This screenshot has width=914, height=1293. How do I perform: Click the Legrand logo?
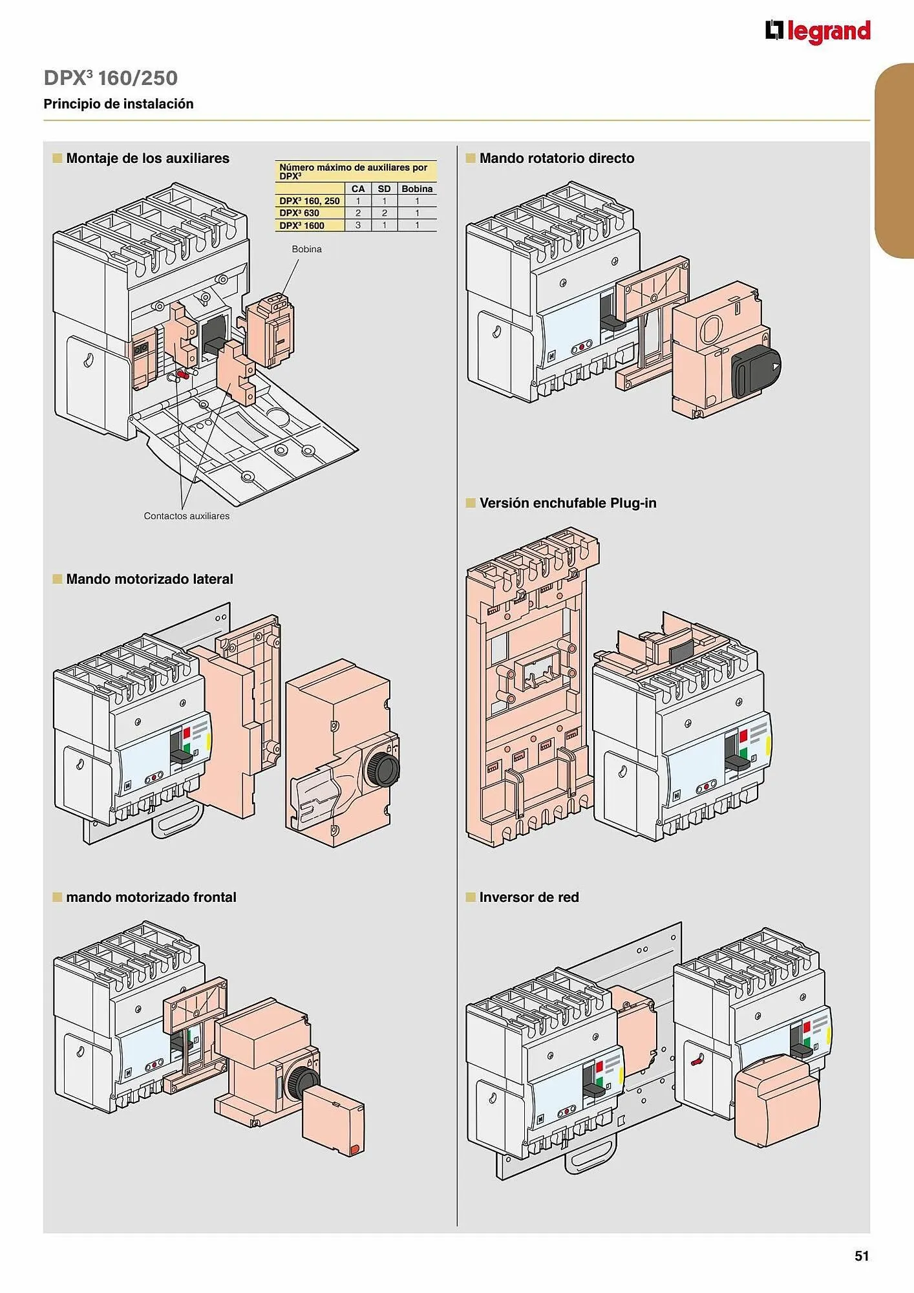[x=818, y=32]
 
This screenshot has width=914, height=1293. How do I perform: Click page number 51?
[x=862, y=1256]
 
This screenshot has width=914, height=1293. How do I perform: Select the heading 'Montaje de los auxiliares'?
[x=147, y=158]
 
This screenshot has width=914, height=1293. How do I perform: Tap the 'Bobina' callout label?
[x=306, y=249]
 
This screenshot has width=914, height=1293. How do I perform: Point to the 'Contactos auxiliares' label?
[x=186, y=516]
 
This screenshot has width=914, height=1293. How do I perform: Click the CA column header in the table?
[x=358, y=189]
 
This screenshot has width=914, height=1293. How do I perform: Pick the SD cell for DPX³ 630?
[x=384, y=213]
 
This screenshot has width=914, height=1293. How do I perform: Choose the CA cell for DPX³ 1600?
[x=358, y=225]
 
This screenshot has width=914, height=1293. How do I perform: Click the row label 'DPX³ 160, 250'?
[x=309, y=201]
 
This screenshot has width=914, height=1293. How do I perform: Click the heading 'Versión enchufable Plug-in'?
[x=568, y=503]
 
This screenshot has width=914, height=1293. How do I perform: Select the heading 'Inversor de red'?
[x=529, y=897]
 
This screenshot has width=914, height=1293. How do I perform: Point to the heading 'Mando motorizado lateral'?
[x=149, y=579]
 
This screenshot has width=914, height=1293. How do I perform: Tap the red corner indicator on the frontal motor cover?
[x=354, y=1149]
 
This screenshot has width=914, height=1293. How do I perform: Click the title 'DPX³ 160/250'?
[x=111, y=78]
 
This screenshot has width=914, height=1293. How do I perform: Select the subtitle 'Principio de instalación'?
[x=118, y=104]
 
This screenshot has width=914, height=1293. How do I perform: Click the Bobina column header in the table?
[x=417, y=189]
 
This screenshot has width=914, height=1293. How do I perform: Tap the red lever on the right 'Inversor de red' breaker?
[x=696, y=1061]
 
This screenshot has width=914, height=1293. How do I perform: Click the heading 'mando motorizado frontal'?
[x=151, y=897]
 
